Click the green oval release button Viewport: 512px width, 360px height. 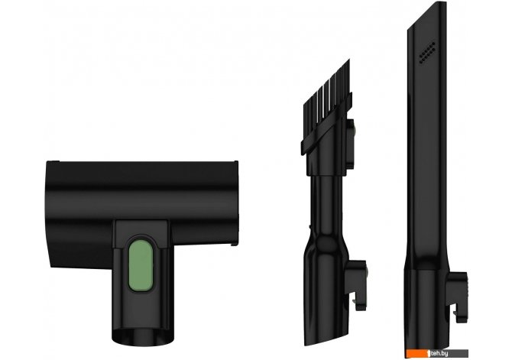(x=141, y=265)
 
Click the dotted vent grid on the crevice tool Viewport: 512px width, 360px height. (x=427, y=52)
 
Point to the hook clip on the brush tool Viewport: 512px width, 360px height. (x=357, y=285)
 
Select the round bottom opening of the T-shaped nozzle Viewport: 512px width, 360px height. (x=143, y=336)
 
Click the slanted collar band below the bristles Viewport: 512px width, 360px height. (x=326, y=124)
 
